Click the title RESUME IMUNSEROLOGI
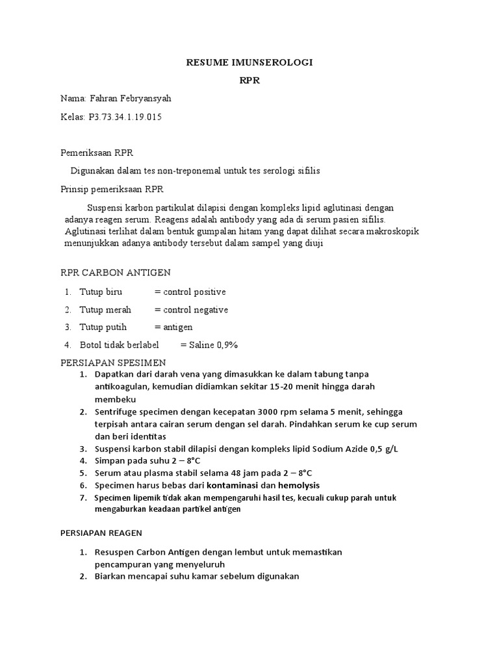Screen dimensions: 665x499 click(249, 62)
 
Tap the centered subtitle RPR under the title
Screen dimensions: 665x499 click(249, 81)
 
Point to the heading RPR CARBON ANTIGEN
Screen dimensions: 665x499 click(115, 273)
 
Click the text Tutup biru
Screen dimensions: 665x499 click(101, 292)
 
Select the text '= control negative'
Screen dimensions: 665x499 click(191, 310)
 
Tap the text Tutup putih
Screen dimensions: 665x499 click(103, 327)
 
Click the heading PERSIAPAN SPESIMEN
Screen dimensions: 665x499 click(113, 362)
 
